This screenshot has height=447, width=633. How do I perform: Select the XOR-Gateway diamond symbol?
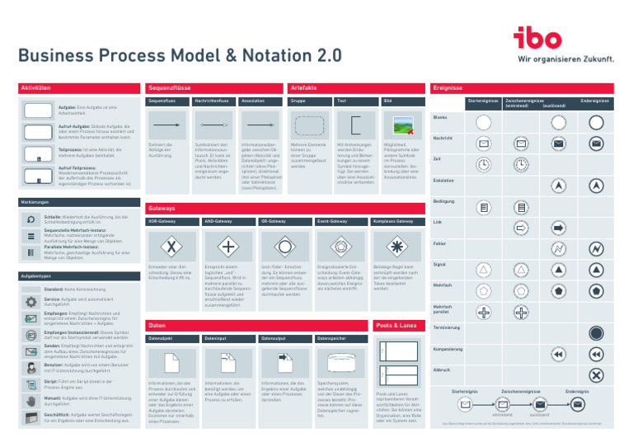[x=171, y=246]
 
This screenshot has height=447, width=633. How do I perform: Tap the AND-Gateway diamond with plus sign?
[x=227, y=246]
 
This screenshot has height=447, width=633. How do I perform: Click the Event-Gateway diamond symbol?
[x=341, y=246]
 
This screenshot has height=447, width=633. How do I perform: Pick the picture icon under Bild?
[x=402, y=125]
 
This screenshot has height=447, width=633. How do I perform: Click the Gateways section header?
[x=214, y=208]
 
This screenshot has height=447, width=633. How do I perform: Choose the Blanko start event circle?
[x=484, y=122]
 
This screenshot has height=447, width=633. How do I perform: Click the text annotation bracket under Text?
[x=354, y=125]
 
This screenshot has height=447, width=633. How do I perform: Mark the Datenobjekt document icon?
[x=171, y=360]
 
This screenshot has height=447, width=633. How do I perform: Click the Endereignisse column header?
[x=594, y=101]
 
